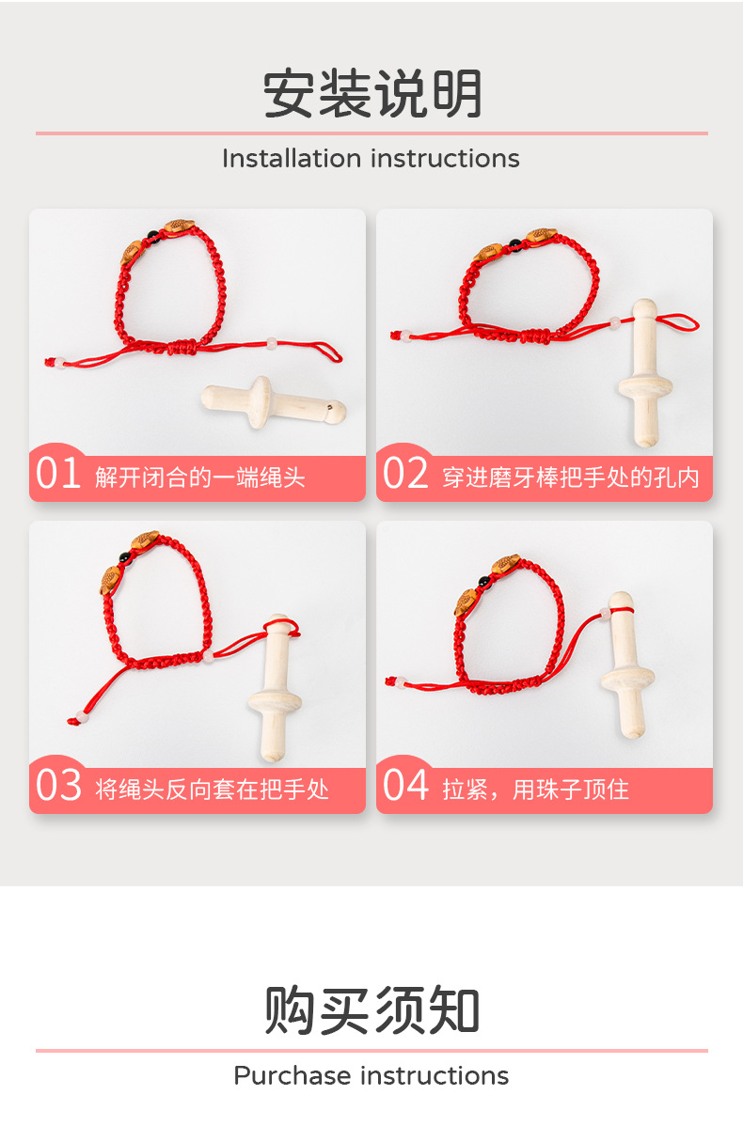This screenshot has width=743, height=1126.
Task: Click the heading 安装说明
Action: [x=371, y=93]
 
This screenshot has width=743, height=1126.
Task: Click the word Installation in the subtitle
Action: [x=292, y=159]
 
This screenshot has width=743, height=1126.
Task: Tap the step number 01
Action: [x=58, y=474]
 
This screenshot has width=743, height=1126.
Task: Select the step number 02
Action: [x=405, y=474]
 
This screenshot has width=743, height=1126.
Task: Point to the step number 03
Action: [x=59, y=786]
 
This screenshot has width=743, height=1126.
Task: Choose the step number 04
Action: [x=406, y=786]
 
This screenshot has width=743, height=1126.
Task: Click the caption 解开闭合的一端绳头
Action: [x=200, y=477]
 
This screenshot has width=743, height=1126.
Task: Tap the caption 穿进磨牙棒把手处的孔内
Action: [x=571, y=477]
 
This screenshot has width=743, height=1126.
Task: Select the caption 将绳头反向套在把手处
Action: [x=212, y=790]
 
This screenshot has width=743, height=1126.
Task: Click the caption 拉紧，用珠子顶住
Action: [x=535, y=790]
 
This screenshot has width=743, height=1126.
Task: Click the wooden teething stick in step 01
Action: [x=274, y=402]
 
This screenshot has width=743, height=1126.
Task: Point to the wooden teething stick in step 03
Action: [x=276, y=688]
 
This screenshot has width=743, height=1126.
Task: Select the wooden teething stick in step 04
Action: [x=627, y=665]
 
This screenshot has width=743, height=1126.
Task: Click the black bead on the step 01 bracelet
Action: [x=152, y=235]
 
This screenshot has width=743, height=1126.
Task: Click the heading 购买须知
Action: [x=371, y=1010]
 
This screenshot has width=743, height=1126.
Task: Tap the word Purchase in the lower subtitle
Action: [x=293, y=1076]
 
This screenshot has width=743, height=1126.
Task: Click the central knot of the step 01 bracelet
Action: [x=182, y=348]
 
